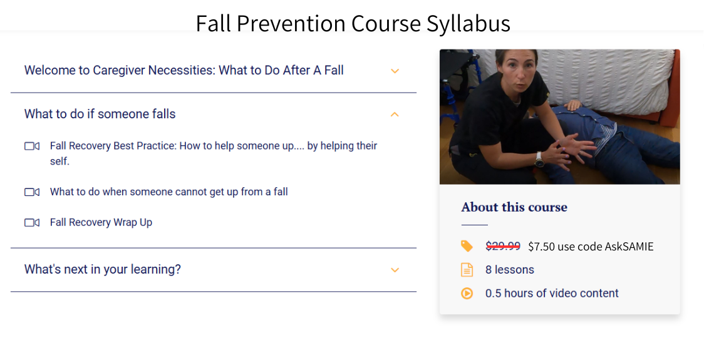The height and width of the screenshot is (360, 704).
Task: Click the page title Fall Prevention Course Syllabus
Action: click(x=353, y=23)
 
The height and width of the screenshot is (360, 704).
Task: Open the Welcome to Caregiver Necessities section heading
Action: click(x=184, y=70)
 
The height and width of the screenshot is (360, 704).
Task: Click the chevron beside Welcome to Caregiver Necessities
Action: click(x=395, y=71)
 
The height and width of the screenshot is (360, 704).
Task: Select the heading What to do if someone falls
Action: click(x=100, y=114)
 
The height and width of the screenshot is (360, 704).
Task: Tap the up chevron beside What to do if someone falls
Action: click(x=395, y=114)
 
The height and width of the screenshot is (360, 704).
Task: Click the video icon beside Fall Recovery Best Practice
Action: click(x=32, y=146)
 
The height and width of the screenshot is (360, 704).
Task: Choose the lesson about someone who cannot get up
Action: click(x=168, y=192)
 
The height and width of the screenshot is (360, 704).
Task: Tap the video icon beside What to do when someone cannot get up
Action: click(x=32, y=192)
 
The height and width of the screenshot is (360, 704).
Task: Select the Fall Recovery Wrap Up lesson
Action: click(x=101, y=222)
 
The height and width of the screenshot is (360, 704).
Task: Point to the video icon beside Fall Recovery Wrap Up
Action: click(x=32, y=222)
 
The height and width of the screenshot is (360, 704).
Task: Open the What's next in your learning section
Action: click(x=102, y=269)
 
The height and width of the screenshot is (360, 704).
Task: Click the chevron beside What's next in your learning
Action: click(x=395, y=270)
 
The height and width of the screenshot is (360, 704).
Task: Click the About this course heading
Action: click(x=514, y=207)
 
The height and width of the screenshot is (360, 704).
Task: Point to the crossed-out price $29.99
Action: click(x=502, y=246)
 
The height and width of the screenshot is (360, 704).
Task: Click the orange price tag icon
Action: click(x=467, y=246)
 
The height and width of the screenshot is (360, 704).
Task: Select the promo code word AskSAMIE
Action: click(x=629, y=246)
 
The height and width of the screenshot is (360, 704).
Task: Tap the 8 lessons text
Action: click(x=509, y=270)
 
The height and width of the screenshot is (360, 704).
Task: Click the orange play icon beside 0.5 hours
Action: click(x=467, y=293)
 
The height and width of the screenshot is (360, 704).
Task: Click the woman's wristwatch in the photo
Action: click(x=539, y=160)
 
